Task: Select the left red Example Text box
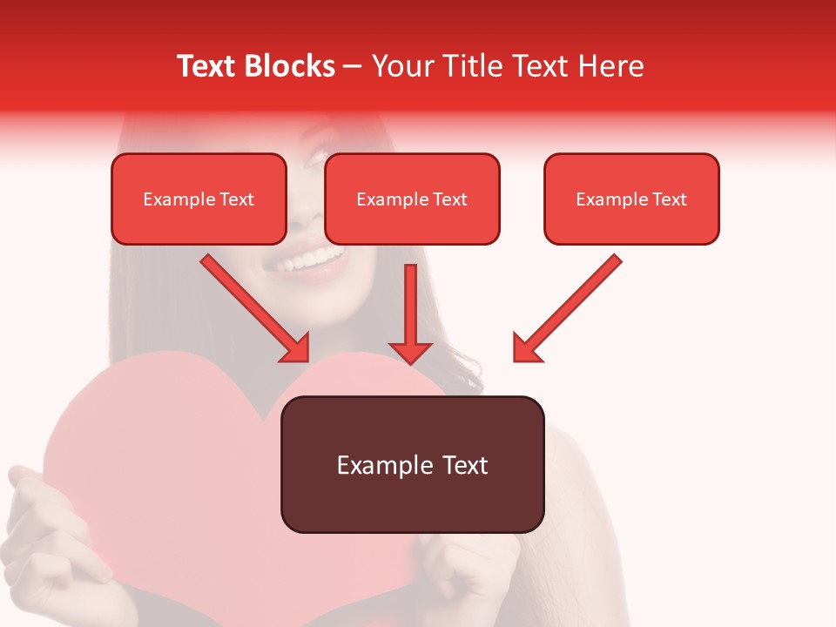(199, 199)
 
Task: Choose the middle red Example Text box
(412, 199)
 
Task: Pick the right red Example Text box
(631, 199)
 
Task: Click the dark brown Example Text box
(413, 464)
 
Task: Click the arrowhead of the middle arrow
(410, 353)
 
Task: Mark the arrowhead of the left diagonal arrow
(296, 348)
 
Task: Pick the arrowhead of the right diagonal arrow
(526, 348)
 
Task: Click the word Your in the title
(401, 66)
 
